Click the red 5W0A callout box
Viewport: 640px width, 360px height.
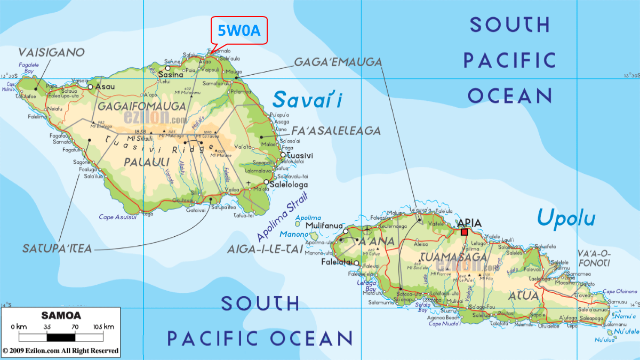[x=239, y=31]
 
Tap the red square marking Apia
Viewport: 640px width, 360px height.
[x=465, y=232]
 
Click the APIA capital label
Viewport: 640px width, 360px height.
[x=469, y=222]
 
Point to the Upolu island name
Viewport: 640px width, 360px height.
[x=566, y=218]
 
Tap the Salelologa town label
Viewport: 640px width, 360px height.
[x=289, y=185]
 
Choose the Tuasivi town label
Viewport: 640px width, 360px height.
[x=299, y=155]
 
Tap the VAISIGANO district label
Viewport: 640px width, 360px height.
[x=52, y=52]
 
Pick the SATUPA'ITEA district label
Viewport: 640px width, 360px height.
[x=57, y=249]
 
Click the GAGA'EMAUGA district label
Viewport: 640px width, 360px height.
[x=338, y=62]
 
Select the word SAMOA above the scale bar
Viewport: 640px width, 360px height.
[x=61, y=315]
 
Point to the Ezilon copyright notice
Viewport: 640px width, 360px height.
[x=60, y=351]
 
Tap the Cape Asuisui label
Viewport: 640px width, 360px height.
[x=117, y=217]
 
